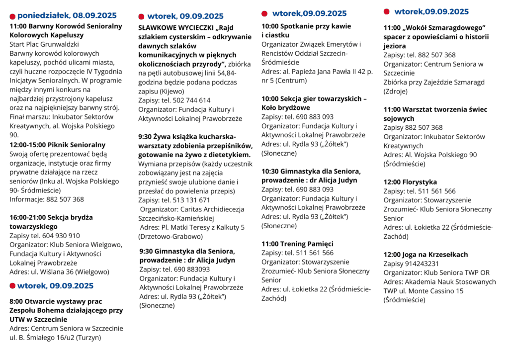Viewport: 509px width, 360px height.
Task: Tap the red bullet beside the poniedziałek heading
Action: click(x=12, y=16)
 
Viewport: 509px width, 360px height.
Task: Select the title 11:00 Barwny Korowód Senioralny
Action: click(x=66, y=26)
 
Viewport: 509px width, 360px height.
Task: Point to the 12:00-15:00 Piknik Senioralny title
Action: click(x=58, y=145)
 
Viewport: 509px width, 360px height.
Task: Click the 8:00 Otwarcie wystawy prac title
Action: click(x=56, y=301)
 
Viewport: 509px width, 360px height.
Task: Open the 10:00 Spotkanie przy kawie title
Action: click(x=306, y=26)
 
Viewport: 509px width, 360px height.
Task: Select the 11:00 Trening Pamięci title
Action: click(x=297, y=244)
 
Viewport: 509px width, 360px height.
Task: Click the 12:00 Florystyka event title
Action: click(x=410, y=182)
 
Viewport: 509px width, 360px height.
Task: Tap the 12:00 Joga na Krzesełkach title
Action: click(x=425, y=255)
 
